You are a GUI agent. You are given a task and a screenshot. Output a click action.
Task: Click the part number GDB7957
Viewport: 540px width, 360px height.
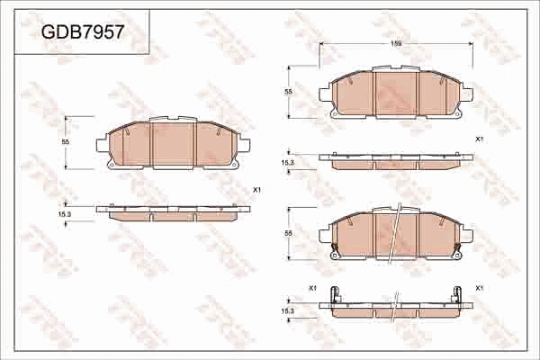click(x=83, y=31)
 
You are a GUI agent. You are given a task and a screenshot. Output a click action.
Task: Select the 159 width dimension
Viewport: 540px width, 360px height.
click(x=396, y=43)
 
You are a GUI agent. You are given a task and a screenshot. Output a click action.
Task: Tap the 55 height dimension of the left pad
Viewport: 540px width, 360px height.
click(x=66, y=142)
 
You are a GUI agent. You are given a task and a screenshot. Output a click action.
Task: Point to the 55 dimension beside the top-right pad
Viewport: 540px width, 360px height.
click(x=288, y=92)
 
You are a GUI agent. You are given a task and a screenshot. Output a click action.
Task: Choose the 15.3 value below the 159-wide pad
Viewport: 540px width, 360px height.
click(x=288, y=161)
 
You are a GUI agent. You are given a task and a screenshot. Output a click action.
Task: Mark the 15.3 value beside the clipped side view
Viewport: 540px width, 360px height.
click(x=288, y=310)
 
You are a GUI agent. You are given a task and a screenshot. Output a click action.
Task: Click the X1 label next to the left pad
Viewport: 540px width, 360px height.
click(x=256, y=190)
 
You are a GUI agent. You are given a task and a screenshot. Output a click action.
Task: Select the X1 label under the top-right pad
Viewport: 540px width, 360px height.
click(x=479, y=139)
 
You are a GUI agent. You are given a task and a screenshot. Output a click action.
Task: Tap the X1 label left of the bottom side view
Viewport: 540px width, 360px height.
click(x=312, y=287)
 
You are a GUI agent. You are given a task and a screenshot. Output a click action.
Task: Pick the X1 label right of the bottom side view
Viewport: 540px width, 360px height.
click(x=480, y=287)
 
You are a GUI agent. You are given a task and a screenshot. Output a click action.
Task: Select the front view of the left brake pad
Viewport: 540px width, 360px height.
click(x=173, y=144)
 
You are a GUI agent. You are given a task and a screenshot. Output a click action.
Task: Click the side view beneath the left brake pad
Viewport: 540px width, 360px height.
click(x=173, y=212)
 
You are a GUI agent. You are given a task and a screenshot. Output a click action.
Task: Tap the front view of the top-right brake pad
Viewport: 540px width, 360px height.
click(x=396, y=93)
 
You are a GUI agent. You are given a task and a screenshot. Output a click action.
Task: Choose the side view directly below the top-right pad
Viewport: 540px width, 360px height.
click(x=396, y=161)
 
